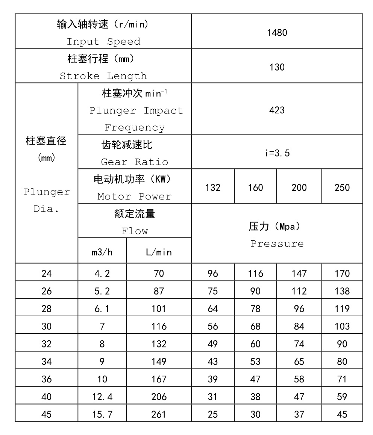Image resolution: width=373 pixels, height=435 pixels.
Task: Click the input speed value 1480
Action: tap(277, 33)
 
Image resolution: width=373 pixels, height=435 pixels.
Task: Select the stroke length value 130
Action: tap(277, 67)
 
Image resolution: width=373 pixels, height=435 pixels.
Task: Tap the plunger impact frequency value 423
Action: tap(277, 110)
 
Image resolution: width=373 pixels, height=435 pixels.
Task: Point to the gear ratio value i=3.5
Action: tap(277, 153)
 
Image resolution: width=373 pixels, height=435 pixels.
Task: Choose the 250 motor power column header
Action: tap(342, 187)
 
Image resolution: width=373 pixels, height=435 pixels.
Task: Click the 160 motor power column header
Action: tap(255, 187)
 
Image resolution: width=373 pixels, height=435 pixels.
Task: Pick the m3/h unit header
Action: tap(102, 252)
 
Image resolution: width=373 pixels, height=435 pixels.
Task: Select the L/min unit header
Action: tap(159, 252)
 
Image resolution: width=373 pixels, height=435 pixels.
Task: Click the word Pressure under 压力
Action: tap(277, 243)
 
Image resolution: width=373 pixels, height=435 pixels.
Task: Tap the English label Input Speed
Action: tap(103, 42)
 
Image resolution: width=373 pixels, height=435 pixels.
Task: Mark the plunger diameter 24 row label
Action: tap(47, 273)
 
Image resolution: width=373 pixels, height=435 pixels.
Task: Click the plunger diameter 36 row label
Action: tap(47, 379)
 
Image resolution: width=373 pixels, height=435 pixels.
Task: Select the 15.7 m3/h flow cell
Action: tap(102, 415)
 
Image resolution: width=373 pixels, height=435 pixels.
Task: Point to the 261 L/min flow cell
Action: tap(159, 415)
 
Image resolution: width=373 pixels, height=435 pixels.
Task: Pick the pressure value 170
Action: tap(342, 273)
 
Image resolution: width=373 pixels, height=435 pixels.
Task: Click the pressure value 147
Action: tap(299, 273)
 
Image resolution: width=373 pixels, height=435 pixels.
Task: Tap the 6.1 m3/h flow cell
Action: tap(102, 309)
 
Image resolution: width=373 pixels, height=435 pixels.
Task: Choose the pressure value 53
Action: tap(255, 362)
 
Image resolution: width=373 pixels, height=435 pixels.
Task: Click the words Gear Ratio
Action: tap(134, 162)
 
